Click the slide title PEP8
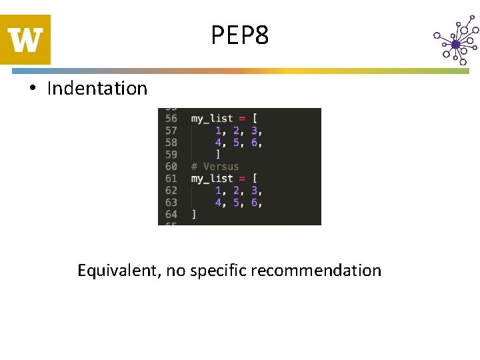[x=240, y=35]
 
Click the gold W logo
[x=25, y=40]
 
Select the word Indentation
[x=97, y=88]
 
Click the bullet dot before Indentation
[x=32, y=89]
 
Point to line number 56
[x=171, y=119]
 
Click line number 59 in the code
[x=171, y=155]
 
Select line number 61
[x=171, y=179]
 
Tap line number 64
[x=171, y=215]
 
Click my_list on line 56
[x=212, y=119]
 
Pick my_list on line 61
[x=212, y=179]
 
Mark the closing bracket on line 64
[x=194, y=215]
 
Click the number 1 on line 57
[x=218, y=131]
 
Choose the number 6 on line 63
[x=254, y=203]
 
